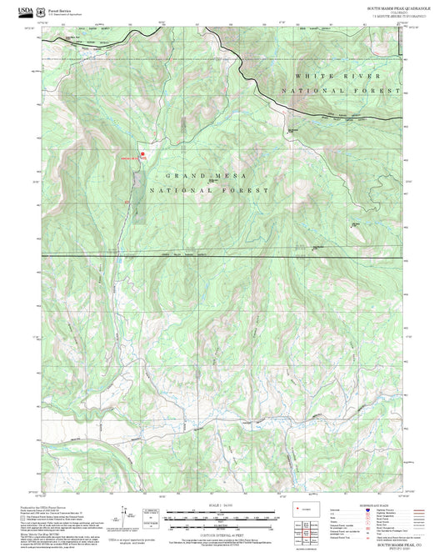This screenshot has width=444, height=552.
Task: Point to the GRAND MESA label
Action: pos(197,176)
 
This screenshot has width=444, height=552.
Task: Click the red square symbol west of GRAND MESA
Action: pos(142,153)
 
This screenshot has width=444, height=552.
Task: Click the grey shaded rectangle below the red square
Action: pos(137,197)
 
